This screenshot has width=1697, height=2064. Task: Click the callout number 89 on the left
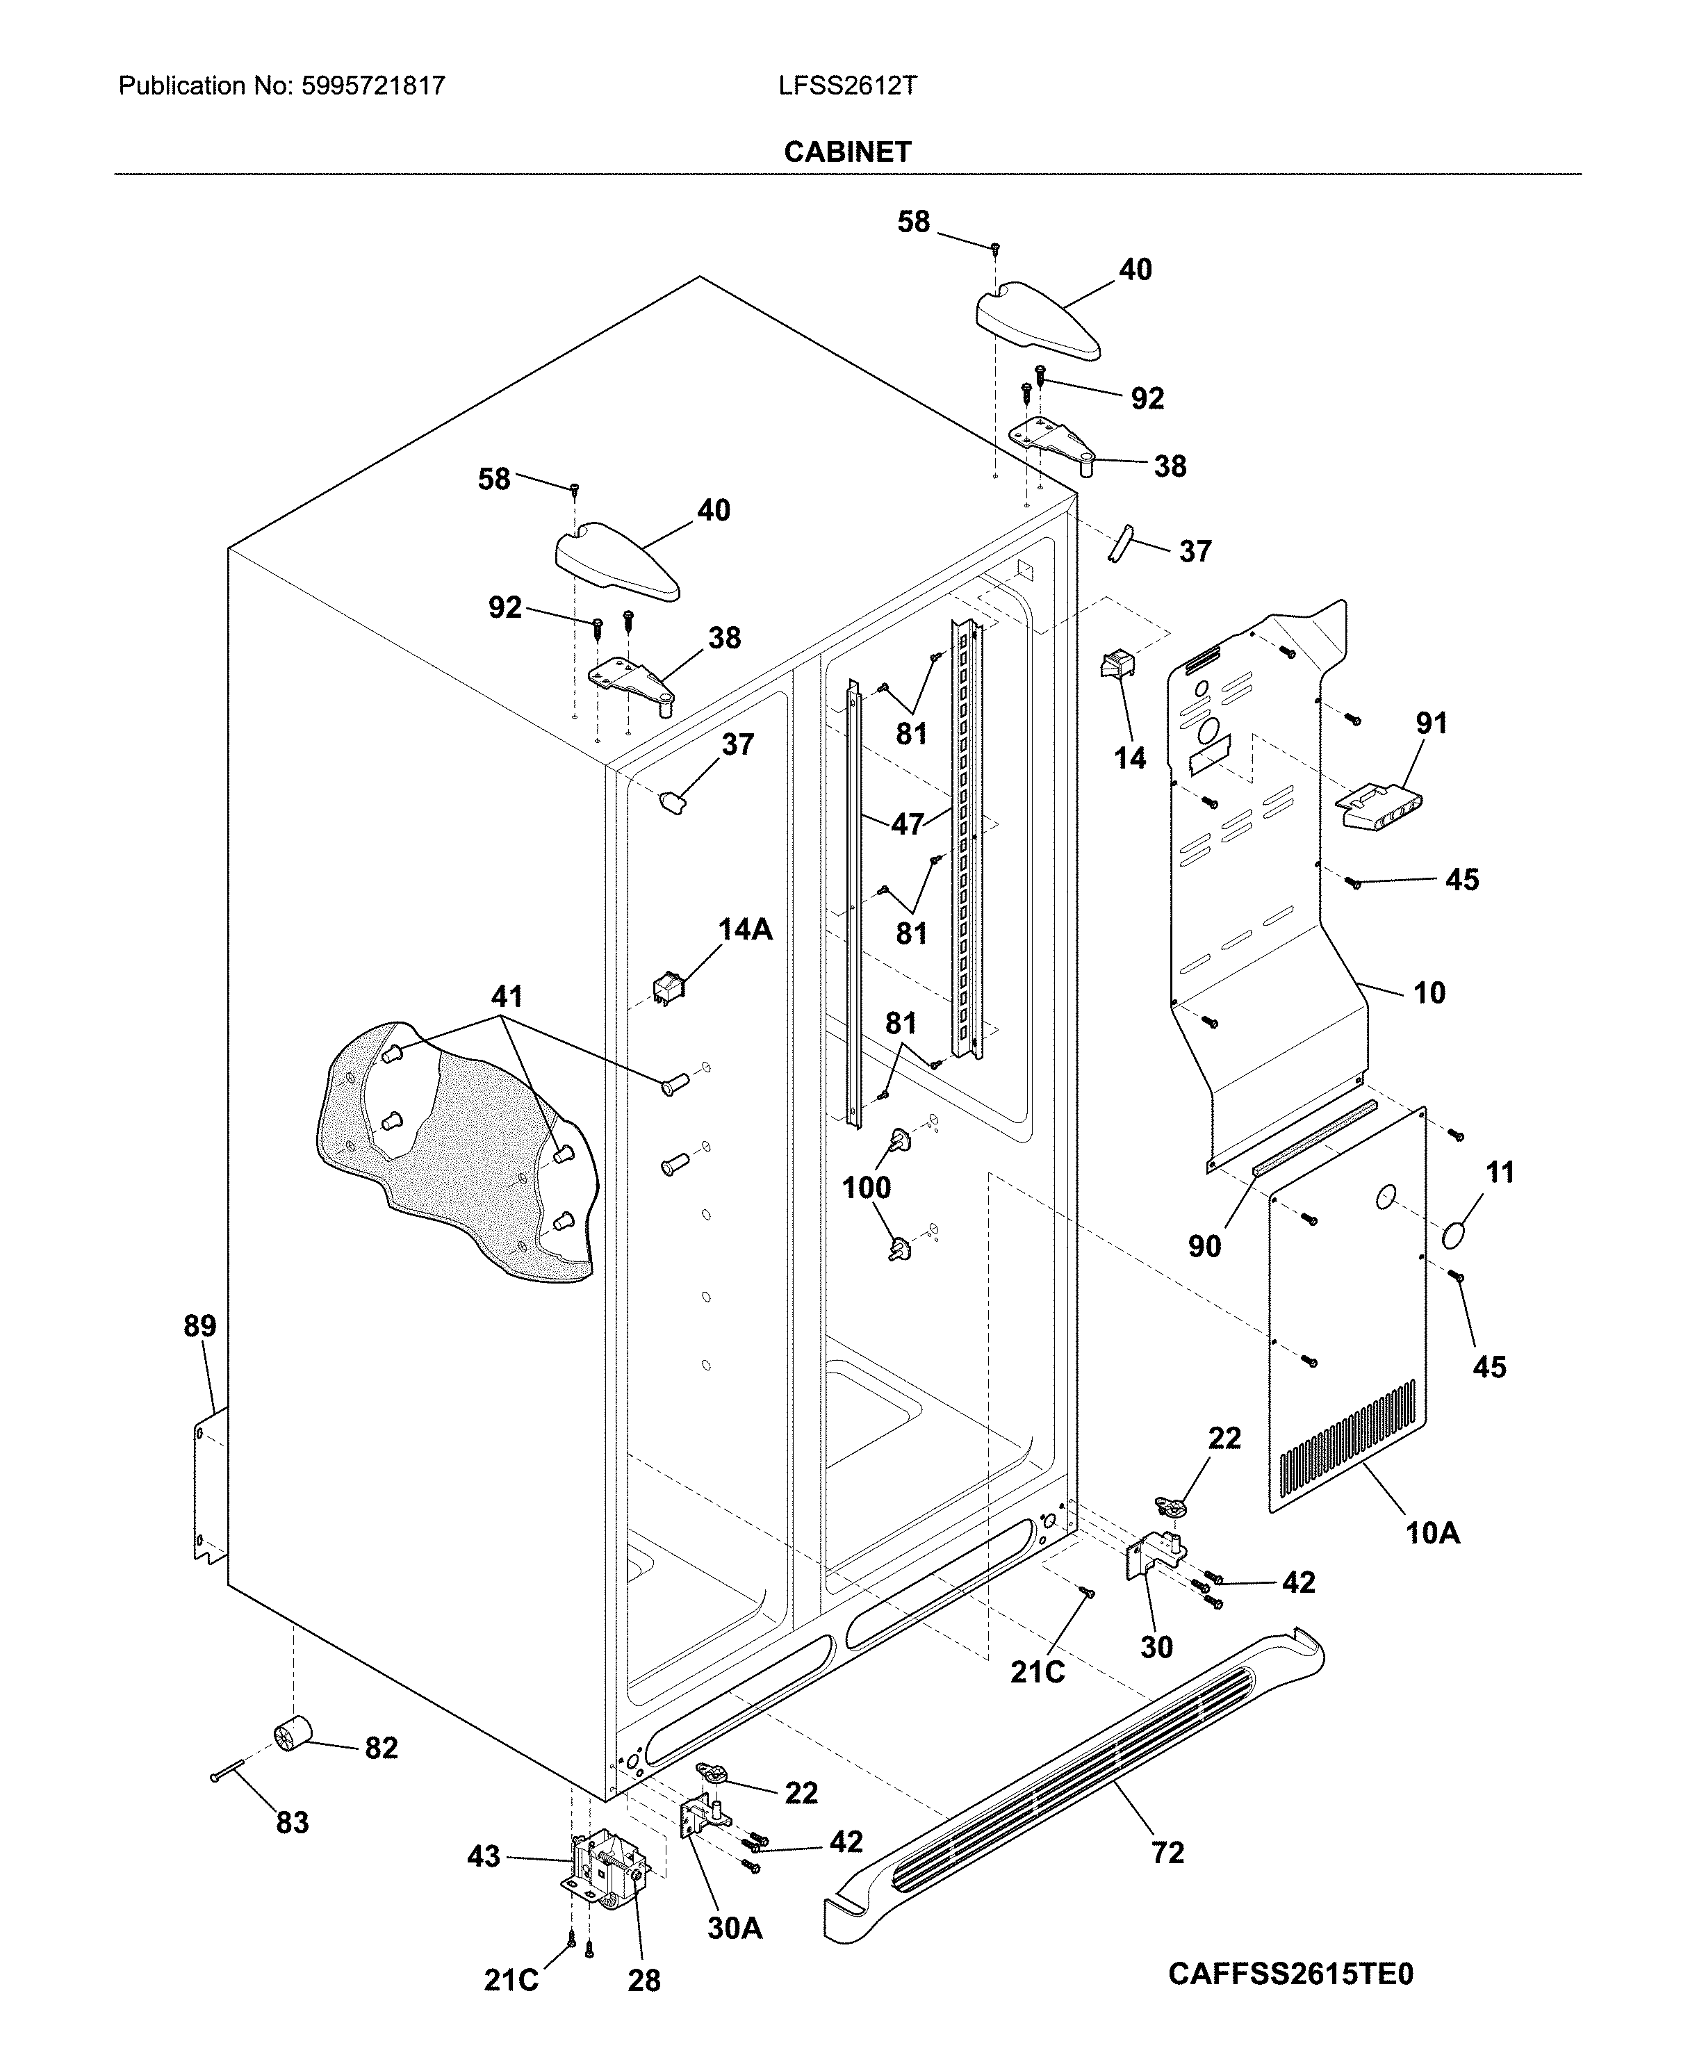[x=199, y=1326]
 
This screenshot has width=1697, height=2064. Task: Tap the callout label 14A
[x=745, y=929]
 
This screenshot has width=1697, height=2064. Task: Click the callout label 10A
[x=1432, y=1532]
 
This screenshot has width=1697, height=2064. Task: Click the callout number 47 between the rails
[x=906, y=824]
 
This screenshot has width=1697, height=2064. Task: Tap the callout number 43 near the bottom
[x=484, y=1856]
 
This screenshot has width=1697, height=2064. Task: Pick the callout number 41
[x=507, y=997]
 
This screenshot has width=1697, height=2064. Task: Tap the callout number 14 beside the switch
[x=1129, y=757]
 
